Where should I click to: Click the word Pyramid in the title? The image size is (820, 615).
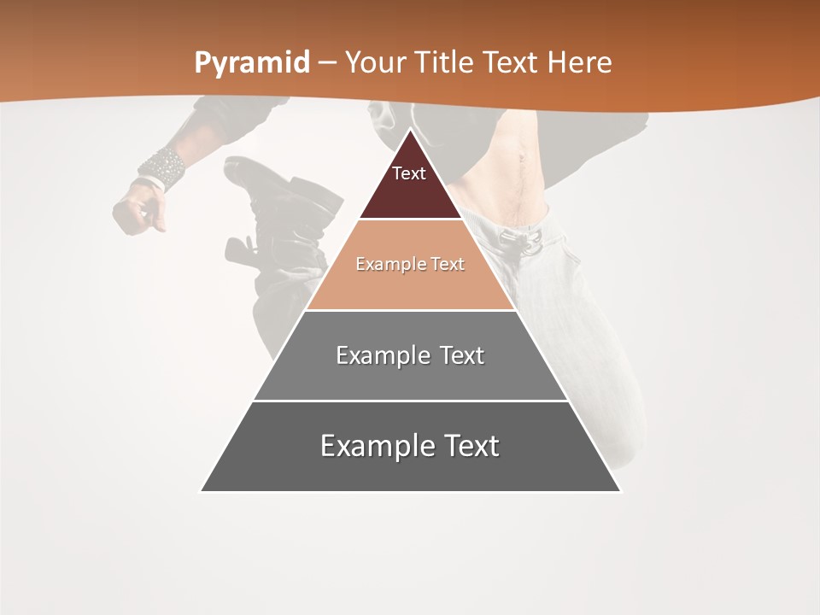click(252, 62)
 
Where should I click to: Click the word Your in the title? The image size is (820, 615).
click(377, 62)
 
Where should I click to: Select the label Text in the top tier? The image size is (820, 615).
click(409, 173)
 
